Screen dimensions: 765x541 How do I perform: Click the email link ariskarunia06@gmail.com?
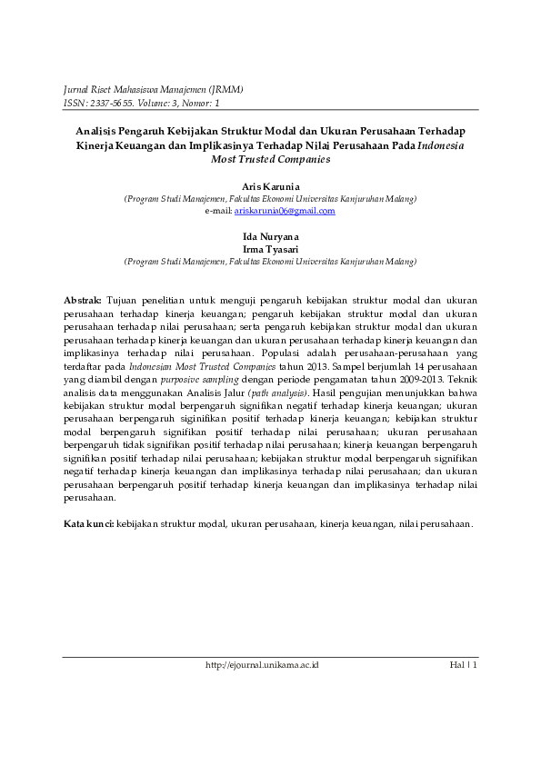285,211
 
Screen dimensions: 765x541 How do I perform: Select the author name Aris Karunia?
270,185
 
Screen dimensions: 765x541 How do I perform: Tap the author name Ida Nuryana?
270,236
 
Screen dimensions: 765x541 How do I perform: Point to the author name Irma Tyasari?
270,248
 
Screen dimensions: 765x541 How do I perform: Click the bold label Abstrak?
83,300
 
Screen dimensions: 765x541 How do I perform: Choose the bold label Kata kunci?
87,524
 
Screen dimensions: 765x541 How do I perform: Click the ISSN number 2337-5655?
111,104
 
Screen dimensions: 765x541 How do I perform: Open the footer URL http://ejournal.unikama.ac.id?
262,665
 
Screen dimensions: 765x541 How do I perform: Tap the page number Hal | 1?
464,665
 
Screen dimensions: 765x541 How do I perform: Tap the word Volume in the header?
155,104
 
